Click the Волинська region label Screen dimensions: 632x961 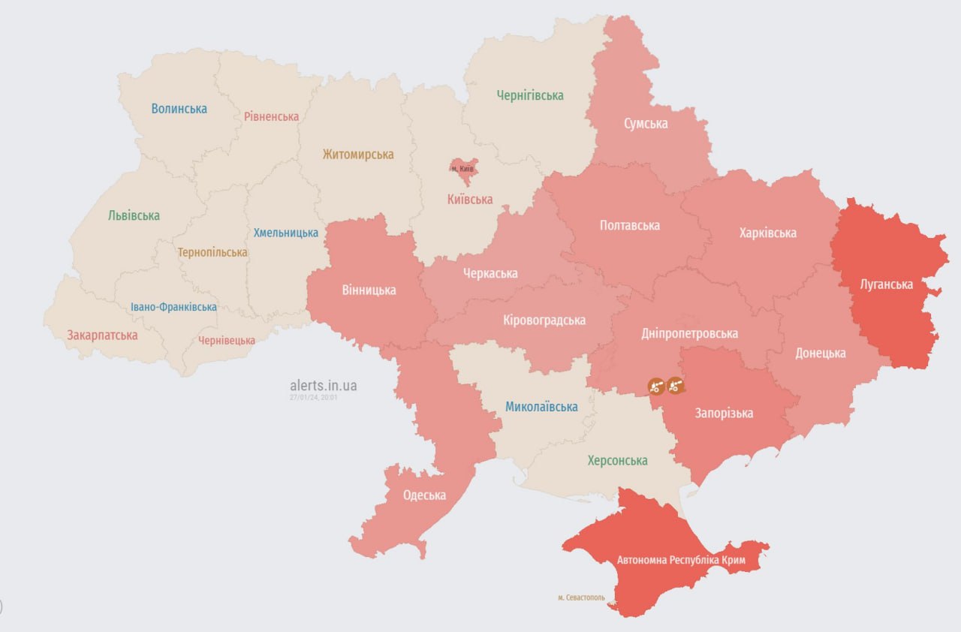click(x=179, y=109)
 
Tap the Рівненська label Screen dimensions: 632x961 click(x=271, y=116)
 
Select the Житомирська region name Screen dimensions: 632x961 click(x=358, y=155)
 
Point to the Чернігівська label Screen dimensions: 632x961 click(x=530, y=95)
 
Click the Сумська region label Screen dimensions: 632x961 click(x=646, y=123)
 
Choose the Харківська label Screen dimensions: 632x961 click(x=767, y=233)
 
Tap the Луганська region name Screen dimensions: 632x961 click(x=887, y=284)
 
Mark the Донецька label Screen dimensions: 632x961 click(x=821, y=353)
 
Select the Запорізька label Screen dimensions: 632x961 click(x=724, y=413)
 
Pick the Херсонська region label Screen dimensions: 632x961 click(x=617, y=461)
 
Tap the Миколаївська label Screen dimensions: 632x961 click(x=541, y=407)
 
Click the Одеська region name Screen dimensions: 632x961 click(x=424, y=495)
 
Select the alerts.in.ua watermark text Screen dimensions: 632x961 click(x=324, y=386)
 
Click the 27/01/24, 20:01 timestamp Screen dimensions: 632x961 click(x=314, y=398)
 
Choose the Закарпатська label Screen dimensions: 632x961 click(x=102, y=336)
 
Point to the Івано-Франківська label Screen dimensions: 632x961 click(x=173, y=307)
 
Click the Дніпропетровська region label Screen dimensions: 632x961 click(x=689, y=333)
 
